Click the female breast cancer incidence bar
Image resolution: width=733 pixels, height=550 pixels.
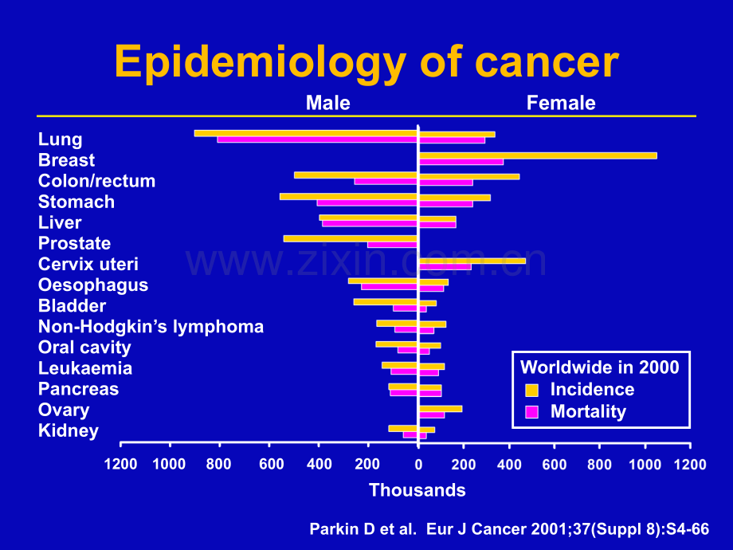click(x=538, y=155)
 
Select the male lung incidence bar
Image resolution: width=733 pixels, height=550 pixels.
click(x=306, y=133)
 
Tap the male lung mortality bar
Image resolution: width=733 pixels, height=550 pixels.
click(x=317, y=139)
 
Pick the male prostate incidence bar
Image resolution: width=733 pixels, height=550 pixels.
click(x=350, y=238)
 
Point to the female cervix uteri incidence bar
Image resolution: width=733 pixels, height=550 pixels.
click(x=472, y=261)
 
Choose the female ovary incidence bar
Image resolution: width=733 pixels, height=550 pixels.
click(x=441, y=409)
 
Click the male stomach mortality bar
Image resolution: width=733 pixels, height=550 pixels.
click(x=367, y=203)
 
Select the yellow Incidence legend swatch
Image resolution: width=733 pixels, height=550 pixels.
click(x=531, y=390)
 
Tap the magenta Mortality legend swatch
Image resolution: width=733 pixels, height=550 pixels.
click(x=531, y=412)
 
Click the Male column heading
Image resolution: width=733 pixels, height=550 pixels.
click(x=327, y=103)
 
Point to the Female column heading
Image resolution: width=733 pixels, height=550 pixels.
click(x=561, y=103)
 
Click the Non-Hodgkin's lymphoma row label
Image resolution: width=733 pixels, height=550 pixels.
click(x=151, y=327)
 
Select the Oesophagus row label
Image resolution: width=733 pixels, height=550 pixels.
click(x=93, y=285)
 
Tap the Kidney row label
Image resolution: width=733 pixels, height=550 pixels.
click(x=69, y=430)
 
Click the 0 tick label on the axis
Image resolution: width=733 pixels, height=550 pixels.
click(x=418, y=465)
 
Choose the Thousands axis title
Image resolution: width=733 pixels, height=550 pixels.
click(x=417, y=490)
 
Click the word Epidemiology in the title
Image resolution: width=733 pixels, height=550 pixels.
click(x=260, y=63)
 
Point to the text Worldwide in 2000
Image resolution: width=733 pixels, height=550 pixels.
click(x=600, y=367)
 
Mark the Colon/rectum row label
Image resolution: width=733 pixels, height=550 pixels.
click(x=96, y=181)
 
